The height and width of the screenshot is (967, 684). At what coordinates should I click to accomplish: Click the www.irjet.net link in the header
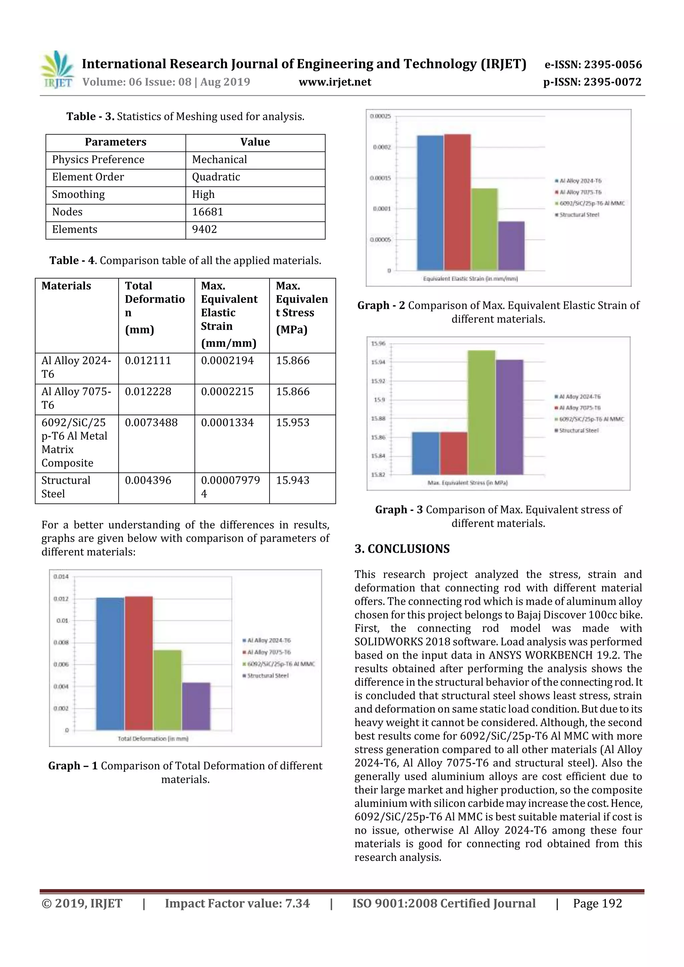(335, 82)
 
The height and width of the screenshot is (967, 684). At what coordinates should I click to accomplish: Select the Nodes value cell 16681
(207, 212)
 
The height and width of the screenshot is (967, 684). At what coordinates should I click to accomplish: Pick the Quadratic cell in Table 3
(216, 177)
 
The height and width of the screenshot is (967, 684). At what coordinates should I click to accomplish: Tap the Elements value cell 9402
(204, 230)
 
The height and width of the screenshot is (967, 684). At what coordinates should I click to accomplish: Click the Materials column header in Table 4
(66, 286)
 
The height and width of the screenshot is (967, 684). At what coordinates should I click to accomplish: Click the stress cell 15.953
(293, 423)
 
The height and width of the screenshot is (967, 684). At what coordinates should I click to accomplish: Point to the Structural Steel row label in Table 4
(66, 487)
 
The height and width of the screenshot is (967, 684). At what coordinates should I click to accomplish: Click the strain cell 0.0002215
(227, 392)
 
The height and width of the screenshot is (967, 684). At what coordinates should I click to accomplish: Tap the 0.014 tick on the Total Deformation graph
(61, 576)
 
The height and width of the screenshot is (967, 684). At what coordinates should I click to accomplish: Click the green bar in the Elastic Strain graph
(484, 230)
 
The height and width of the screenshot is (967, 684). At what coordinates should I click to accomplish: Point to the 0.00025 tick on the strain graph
(380, 116)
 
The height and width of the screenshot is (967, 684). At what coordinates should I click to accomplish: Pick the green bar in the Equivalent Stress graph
(481, 413)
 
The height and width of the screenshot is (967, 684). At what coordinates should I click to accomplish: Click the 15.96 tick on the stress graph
(378, 344)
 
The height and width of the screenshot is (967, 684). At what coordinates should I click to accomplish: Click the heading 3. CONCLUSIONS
(402, 549)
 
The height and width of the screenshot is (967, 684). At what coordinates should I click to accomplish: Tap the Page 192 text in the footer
(597, 903)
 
